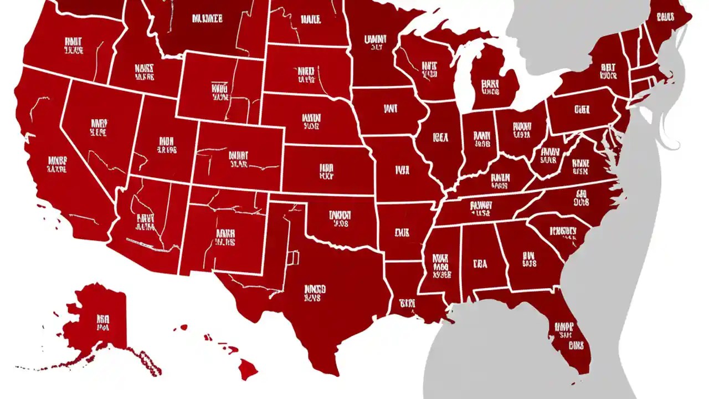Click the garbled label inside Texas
pos(315,293)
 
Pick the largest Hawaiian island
pos(248,368)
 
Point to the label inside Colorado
pos(238,159)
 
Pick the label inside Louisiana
pos(407,303)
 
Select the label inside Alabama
pos(480,264)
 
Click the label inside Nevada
pos(99,127)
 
